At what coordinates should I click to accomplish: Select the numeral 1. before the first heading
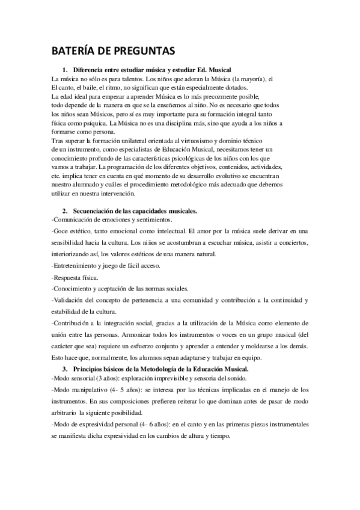(66, 71)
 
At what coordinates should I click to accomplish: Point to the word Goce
(63, 231)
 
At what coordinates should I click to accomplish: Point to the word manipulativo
(94, 391)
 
